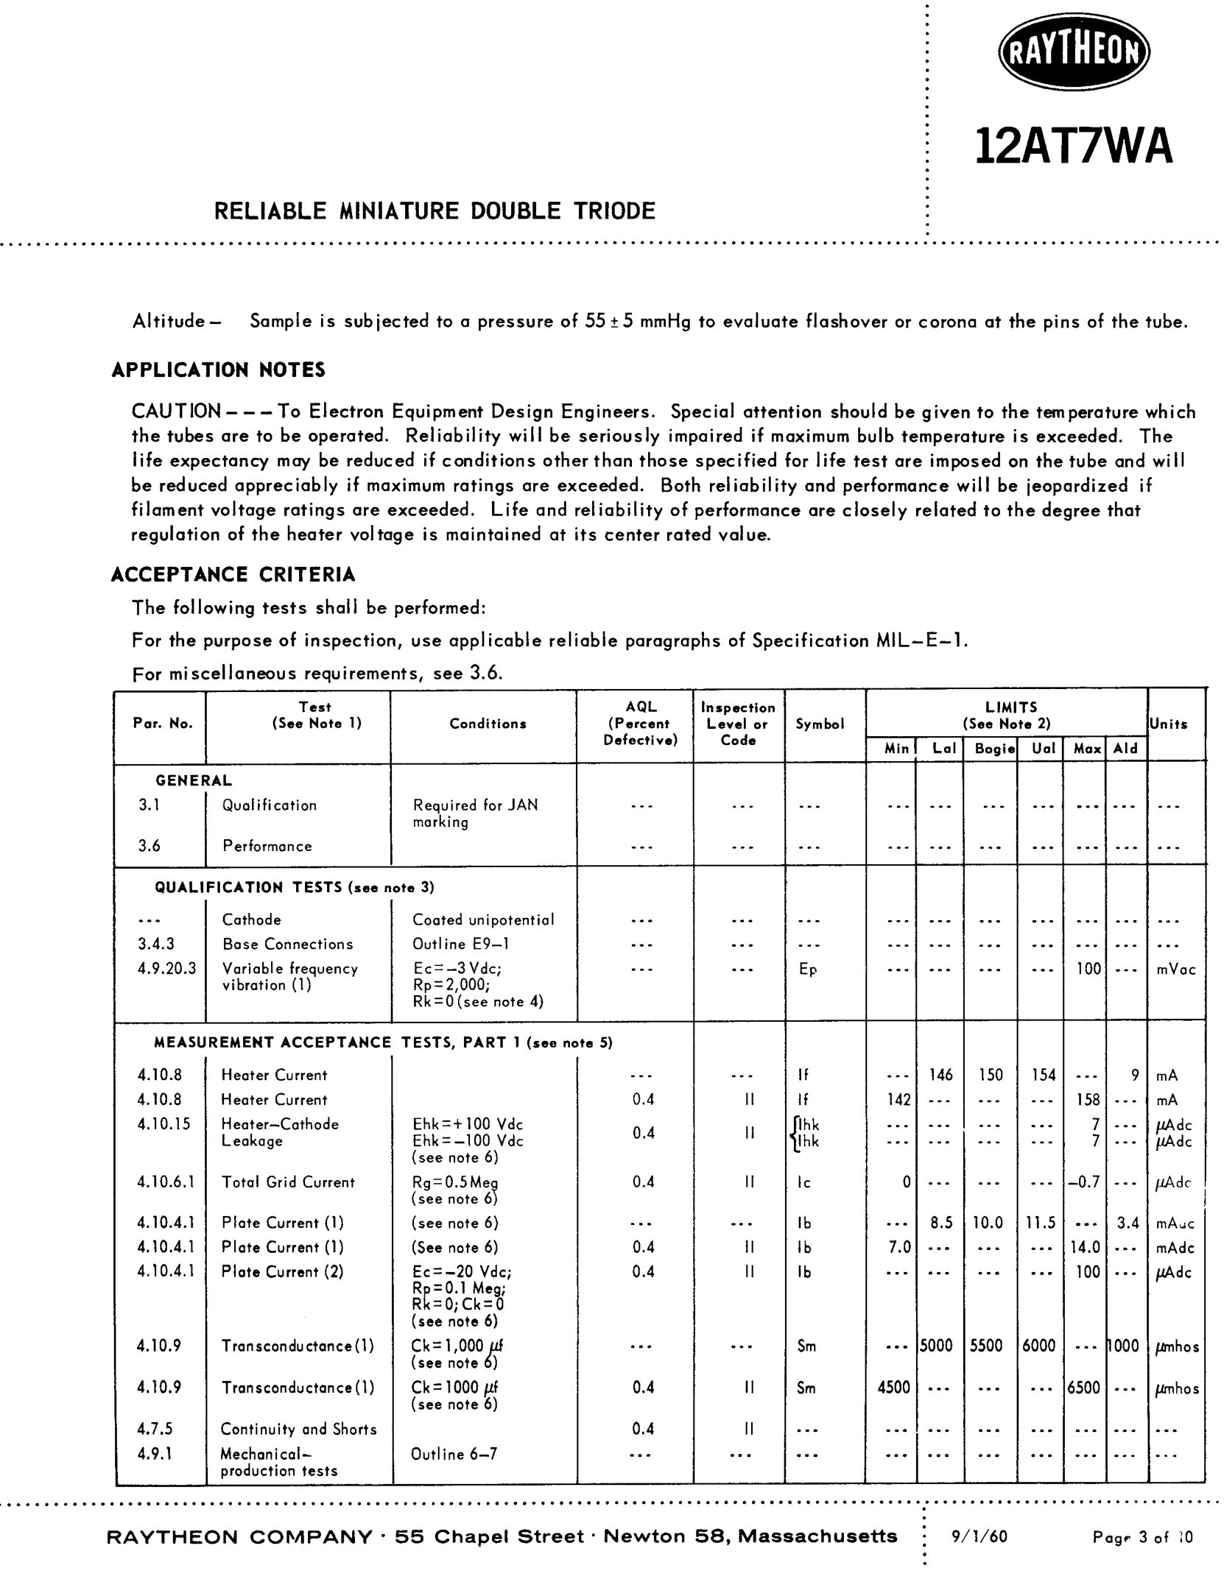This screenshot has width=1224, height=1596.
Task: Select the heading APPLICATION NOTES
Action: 219,370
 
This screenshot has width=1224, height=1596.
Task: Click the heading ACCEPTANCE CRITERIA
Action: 233,574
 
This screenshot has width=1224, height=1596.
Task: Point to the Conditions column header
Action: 488,724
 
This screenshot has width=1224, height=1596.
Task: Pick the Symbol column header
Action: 820,724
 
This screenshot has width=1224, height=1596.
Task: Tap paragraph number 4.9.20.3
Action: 166,969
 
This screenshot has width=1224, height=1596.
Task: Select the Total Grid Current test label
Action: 288,1182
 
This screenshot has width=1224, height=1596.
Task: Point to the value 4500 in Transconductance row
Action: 894,1387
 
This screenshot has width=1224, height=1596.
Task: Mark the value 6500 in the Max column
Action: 1084,1387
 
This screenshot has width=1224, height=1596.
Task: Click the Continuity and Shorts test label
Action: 298,1429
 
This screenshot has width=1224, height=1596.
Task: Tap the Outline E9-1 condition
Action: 460,944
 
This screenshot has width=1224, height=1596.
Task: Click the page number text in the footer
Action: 1142,1537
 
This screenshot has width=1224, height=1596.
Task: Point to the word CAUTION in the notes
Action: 176,412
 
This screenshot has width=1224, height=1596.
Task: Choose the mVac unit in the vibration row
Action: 1175,970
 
